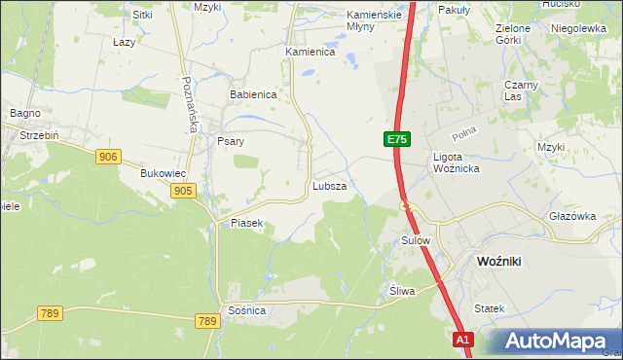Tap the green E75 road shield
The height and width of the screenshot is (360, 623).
(395, 140)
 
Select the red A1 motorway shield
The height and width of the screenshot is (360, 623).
(463, 340)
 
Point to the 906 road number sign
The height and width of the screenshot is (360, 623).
(109, 156)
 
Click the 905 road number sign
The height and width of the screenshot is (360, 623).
(182, 192)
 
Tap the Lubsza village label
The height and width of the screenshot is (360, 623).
(329, 185)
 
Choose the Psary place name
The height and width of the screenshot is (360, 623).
(230, 141)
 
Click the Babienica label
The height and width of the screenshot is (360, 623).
(253, 94)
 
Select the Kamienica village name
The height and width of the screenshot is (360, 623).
(310, 52)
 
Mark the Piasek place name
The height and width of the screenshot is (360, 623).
(247, 223)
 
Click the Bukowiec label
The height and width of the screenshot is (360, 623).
(163, 173)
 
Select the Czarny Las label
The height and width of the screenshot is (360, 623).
(520, 90)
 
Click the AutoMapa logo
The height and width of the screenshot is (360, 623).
(554, 342)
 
